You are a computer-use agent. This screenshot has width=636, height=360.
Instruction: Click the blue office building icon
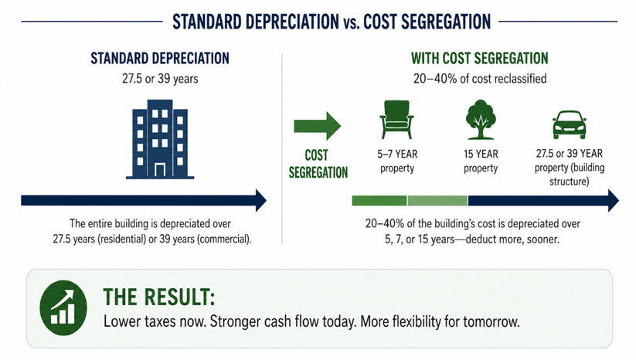160,139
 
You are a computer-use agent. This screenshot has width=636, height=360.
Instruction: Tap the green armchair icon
396,120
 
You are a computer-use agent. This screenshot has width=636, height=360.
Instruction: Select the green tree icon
481,120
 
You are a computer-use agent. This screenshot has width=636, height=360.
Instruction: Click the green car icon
569,125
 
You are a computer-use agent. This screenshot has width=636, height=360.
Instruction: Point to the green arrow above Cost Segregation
317,126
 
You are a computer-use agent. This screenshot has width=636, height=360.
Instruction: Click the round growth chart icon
63,307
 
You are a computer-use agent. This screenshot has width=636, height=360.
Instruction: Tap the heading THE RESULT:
159,297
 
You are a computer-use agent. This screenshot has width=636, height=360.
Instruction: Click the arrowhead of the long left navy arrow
260,200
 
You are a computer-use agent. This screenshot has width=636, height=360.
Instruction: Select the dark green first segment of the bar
379,201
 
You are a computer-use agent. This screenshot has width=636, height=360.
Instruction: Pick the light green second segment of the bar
437,201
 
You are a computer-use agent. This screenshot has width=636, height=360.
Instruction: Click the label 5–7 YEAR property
397,161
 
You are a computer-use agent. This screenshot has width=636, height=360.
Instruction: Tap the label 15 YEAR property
481,161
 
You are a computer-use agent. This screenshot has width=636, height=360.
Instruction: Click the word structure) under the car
569,182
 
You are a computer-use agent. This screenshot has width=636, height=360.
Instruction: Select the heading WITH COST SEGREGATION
479,59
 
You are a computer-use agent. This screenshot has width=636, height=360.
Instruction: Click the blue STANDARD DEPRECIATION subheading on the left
160,59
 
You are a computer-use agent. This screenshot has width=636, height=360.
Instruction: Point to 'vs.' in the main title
352,22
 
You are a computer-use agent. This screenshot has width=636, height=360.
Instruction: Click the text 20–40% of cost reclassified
480,78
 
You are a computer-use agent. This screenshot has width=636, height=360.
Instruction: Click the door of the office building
160,170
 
